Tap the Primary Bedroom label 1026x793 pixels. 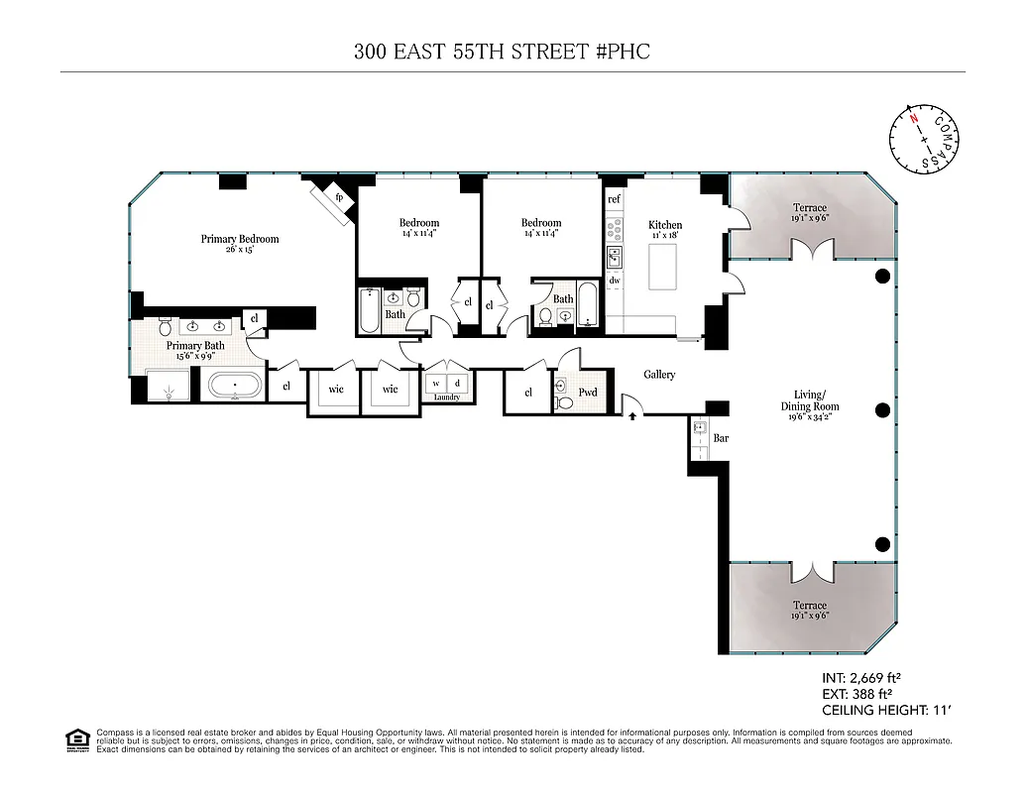tap(240, 239)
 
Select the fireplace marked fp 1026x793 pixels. tap(338, 197)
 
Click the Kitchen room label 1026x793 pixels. tap(665, 225)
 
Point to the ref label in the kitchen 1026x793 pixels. tap(614, 199)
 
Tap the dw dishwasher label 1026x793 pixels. tap(614, 281)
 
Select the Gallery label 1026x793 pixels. tap(659, 375)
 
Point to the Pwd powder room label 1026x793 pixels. tap(588, 393)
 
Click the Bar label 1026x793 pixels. tap(722, 437)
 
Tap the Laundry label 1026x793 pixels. tap(447, 397)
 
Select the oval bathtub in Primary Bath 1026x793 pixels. tap(235, 384)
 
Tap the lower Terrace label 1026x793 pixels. tap(809, 606)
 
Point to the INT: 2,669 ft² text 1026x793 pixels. tap(860, 678)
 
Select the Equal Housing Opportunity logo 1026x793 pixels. tap(76, 740)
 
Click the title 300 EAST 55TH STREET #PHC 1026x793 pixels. tap(502, 52)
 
